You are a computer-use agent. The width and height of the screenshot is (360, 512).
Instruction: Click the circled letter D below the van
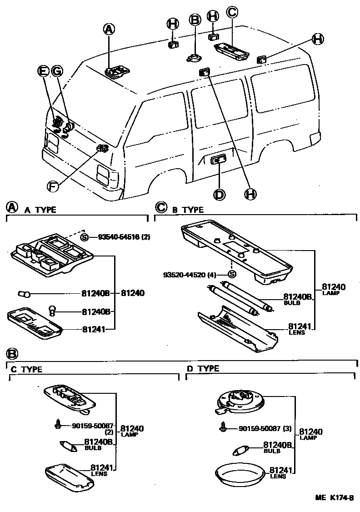tap(219, 194)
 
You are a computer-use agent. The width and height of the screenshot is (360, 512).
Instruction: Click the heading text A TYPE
tap(40, 210)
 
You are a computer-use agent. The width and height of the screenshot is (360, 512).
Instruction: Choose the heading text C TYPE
tap(27, 370)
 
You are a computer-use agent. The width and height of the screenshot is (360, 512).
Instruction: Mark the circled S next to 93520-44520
tap(231, 274)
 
